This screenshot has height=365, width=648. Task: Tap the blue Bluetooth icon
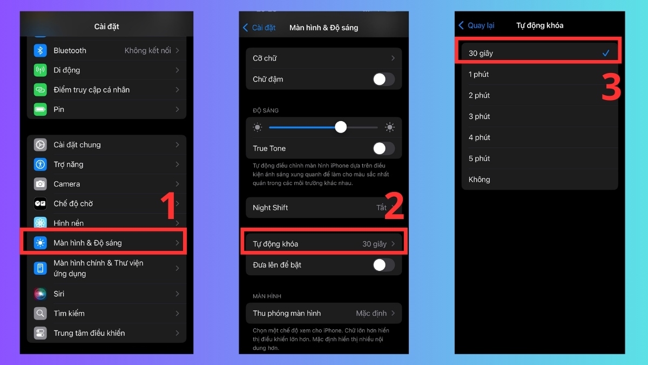[40, 50]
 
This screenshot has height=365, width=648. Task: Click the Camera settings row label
[66, 184]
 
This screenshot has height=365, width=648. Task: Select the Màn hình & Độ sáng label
[87, 243]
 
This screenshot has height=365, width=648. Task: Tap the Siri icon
[40, 294]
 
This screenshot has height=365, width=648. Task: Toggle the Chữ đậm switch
[383, 79]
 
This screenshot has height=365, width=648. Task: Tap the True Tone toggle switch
[383, 148]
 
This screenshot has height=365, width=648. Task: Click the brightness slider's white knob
[341, 127]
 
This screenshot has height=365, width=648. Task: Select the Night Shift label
[270, 208]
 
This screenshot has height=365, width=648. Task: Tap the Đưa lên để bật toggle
[383, 265]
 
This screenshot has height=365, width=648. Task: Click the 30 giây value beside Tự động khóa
[374, 244]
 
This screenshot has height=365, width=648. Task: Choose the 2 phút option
[479, 95]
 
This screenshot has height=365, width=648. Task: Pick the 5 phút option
[479, 158]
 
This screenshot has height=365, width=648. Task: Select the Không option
[479, 180]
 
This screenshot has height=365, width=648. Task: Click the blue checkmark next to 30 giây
[606, 53]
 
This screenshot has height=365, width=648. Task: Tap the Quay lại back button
[476, 25]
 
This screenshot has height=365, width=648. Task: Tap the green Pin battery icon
[40, 109]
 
